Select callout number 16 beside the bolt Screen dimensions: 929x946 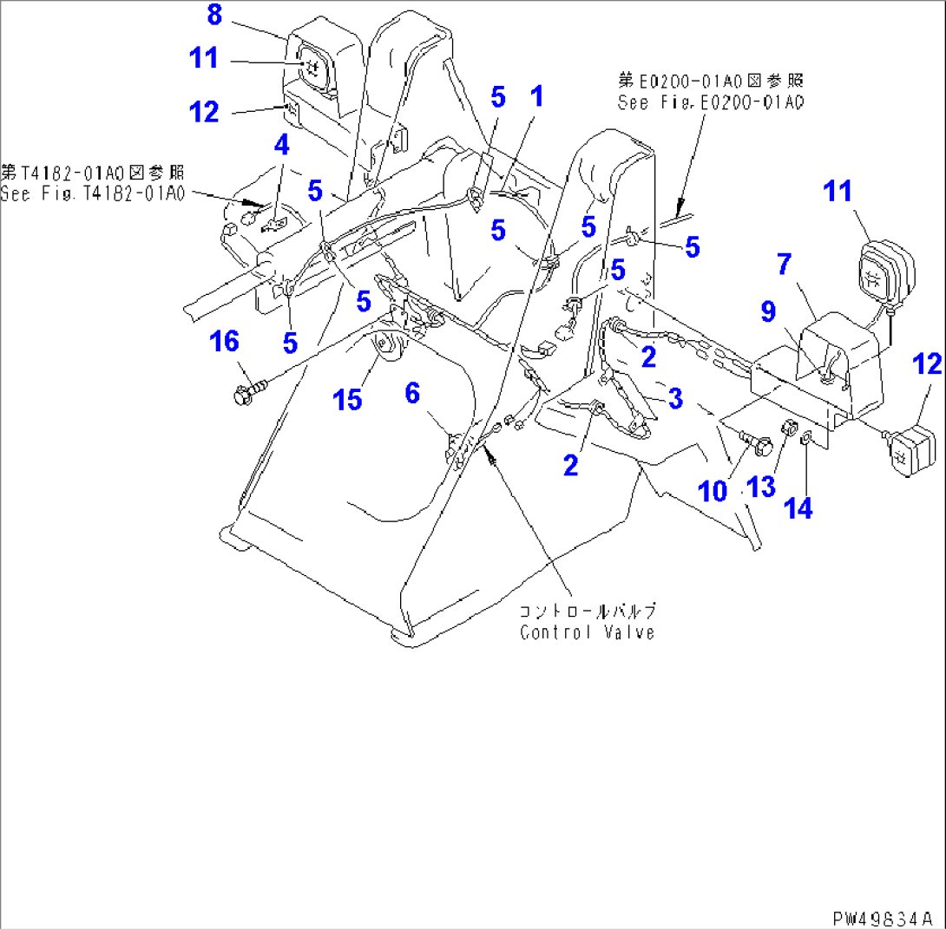click(x=225, y=342)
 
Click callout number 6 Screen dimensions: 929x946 click(x=412, y=394)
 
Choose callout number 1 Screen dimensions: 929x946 click(x=537, y=95)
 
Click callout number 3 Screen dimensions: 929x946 click(x=674, y=399)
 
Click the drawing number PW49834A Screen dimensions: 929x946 click(x=884, y=917)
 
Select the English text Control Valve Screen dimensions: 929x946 click(x=587, y=632)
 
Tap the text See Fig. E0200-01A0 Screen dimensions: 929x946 click(x=710, y=102)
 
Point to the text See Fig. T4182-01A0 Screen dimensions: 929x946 click(x=93, y=194)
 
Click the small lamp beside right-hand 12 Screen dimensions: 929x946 click(x=910, y=449)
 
